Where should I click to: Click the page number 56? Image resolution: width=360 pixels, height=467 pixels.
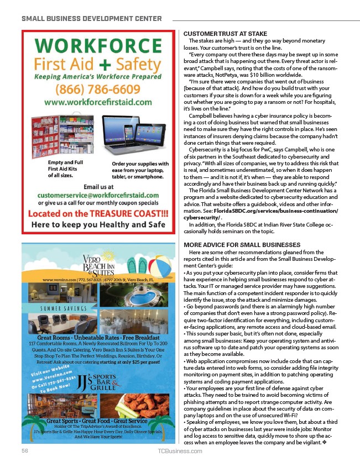coord(25,451)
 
